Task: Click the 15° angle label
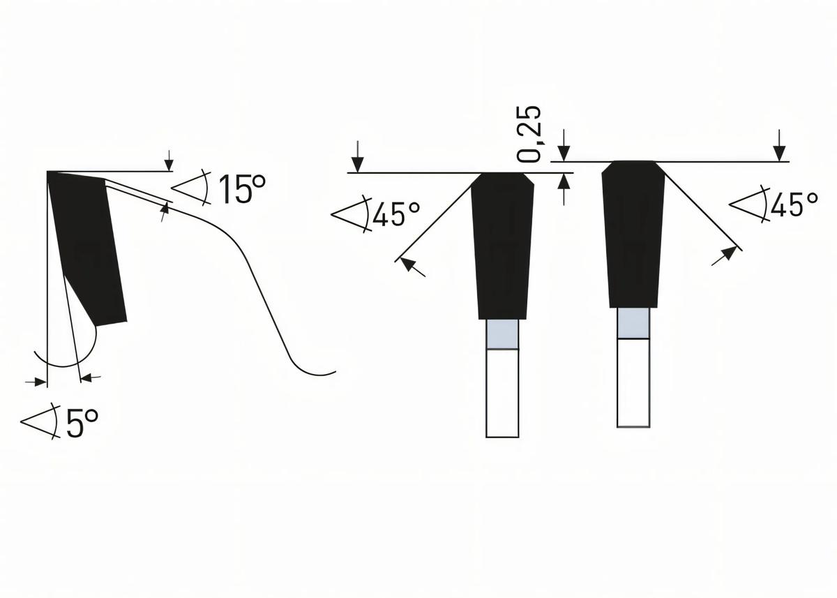point(241,190)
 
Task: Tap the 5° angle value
point(82,424)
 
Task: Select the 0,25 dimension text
point(532,134)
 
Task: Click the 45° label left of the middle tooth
point(397,215)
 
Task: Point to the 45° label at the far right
point(794,204)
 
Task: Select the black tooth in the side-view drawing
point(87,244)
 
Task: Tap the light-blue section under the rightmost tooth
point(633,322)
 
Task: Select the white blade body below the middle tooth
point(502,392)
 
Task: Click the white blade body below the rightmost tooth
point(633,382)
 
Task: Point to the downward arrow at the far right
point(779,150)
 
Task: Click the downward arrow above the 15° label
point(169,162)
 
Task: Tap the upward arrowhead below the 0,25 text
point(564,183)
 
